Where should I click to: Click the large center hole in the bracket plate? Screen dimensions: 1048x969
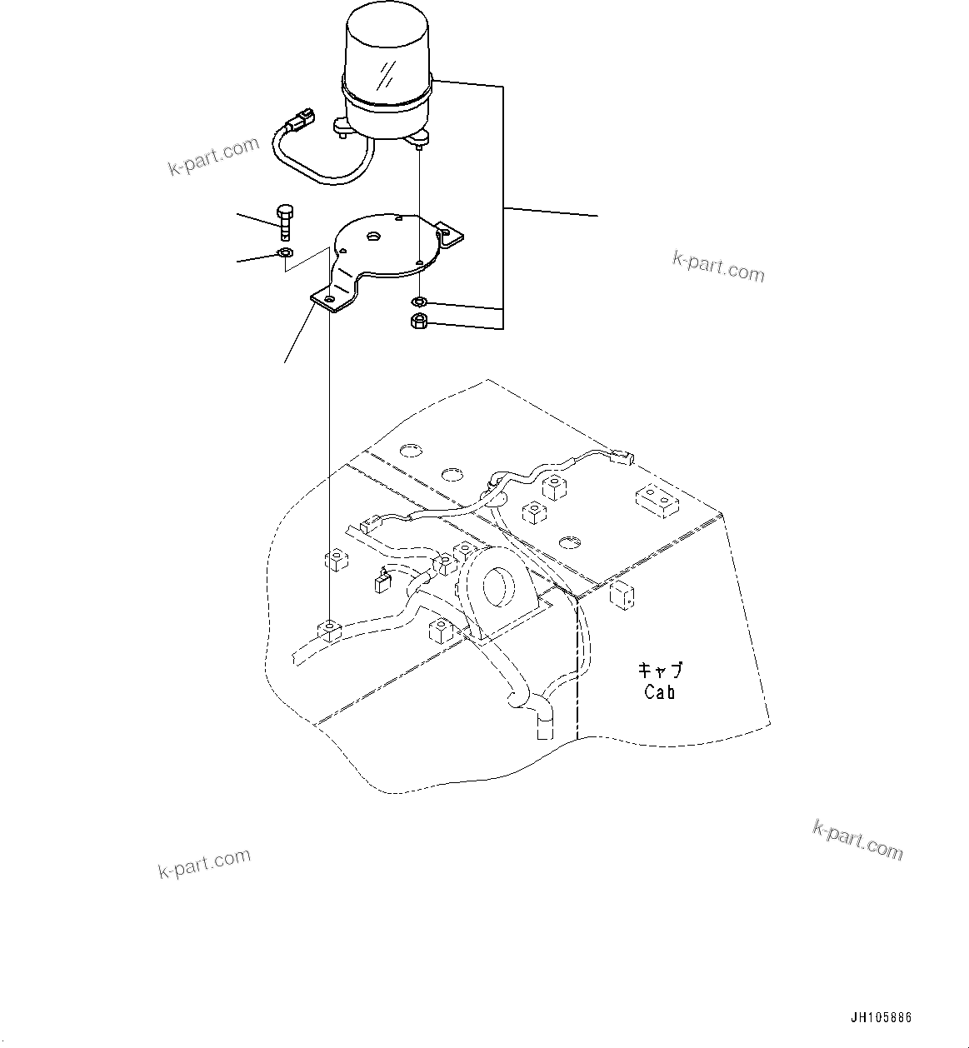click(372, 237)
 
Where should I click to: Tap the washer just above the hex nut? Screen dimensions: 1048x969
click(419, 301)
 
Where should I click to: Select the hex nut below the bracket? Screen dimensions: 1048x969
click(419, 322)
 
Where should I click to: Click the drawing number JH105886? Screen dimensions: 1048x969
click(881, 1018)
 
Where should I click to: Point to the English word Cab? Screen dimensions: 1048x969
click(660, 691)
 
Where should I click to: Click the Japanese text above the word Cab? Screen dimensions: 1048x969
click(660, 670)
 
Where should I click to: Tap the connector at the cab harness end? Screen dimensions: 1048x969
click(622, 455)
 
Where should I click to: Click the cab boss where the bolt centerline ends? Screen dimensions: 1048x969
click(330, 629)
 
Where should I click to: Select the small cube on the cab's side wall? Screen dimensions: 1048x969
click(622, 595)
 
